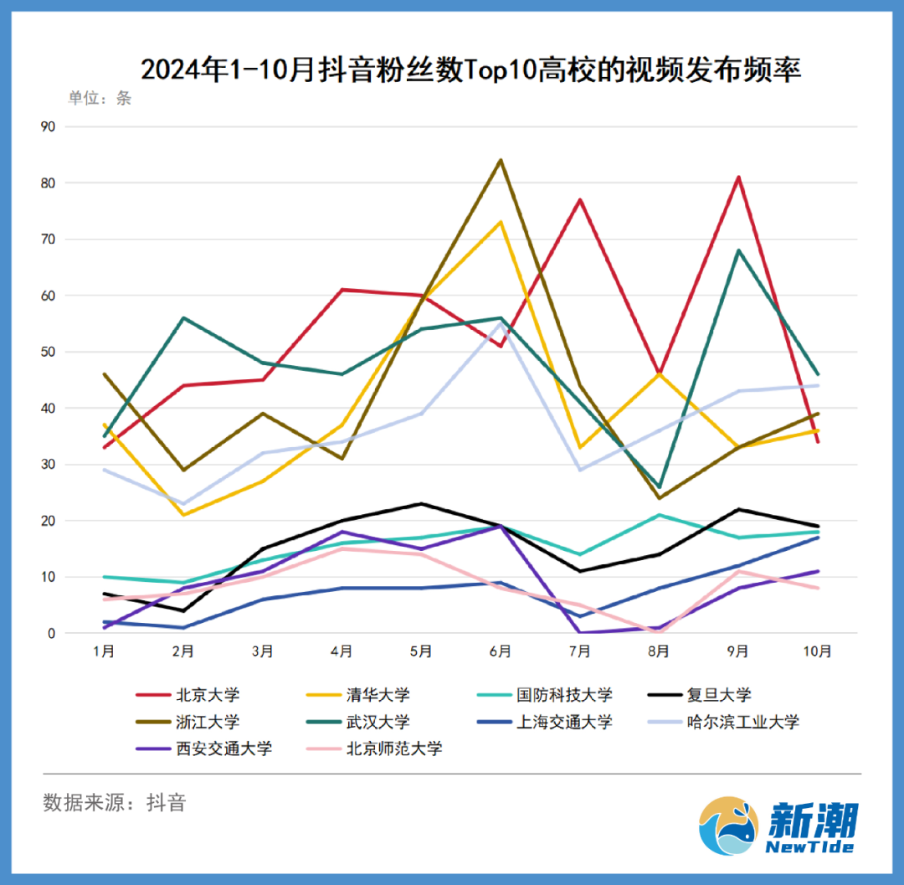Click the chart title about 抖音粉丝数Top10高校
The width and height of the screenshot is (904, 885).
(x=470, y=69)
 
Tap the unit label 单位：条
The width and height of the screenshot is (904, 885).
(x=100, y=98)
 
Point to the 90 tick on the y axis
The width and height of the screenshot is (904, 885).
(x=48, y=126)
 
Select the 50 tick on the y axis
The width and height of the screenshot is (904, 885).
(x=48, y=352)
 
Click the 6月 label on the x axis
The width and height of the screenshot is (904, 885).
(x=500, y=651)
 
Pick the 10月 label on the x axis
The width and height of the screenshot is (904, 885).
(x=817, y=651)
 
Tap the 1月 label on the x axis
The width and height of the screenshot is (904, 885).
(x=104, y=651)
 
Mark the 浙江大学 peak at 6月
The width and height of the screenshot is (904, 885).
(x=501, y=160)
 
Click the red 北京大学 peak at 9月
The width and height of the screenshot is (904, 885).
(x=738, y=177)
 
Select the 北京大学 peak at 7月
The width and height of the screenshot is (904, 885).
(x=579, y=199)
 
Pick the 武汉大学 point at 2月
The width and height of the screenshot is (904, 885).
(x=183, y=318)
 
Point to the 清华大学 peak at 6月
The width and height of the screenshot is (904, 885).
(x=501, y=222)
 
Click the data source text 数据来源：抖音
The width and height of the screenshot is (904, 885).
(x=115, y=803)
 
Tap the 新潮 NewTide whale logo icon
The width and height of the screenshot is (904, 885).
(x=729, y=826)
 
